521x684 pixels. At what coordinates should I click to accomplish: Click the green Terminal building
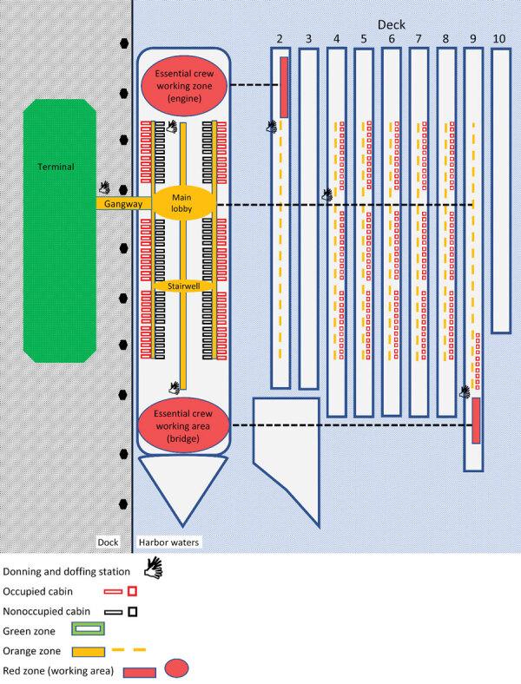tap(60, 231)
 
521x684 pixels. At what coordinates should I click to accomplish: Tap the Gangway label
tap(123, 204)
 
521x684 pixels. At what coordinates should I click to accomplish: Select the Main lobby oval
tap(182, 203)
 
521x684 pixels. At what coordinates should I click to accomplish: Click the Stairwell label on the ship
tap(184, 286)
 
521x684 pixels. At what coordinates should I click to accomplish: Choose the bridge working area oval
tap(183, 425)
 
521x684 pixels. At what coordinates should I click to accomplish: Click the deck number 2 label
tap(280, 38)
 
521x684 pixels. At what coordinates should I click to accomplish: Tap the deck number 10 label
tap(499, 38)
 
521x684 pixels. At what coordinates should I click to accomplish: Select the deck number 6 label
tap(391, 38)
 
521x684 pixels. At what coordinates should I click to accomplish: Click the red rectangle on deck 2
tap(284, 88)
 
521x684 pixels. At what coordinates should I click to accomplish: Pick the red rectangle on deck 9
tap(476, 420)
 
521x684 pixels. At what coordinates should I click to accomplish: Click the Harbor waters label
tap(168, 543)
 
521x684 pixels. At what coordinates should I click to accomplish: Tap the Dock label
tap(108, 542)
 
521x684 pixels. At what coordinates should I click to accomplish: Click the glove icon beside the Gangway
tap(105, 188)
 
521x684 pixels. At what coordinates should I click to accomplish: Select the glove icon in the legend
tap(154, 568)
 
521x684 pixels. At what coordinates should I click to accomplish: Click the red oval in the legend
tap(177, 668)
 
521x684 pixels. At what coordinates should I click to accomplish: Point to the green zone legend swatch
tap(88, 629)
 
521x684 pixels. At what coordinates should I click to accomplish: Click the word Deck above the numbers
tap(391, 24)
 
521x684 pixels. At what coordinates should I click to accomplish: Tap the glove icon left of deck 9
tap(465, 391)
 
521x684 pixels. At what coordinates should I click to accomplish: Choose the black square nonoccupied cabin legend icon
tap(133, 611)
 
